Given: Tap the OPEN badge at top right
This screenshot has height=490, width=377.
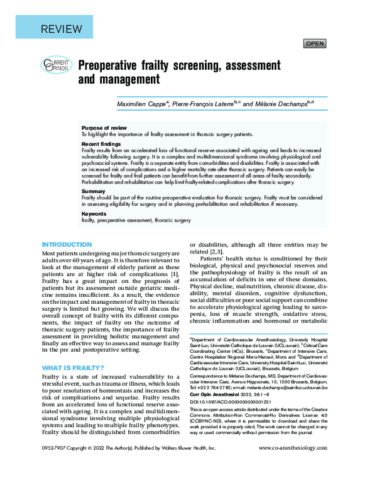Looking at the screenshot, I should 314,43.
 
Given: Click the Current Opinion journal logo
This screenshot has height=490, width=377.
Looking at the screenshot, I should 56,65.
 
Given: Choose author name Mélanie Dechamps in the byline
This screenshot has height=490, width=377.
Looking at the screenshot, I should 279,103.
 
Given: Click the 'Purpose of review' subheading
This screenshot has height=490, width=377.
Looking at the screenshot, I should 104,128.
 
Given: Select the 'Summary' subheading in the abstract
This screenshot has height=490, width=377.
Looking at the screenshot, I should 93,191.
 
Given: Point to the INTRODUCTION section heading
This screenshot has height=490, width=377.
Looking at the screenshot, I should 67,245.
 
